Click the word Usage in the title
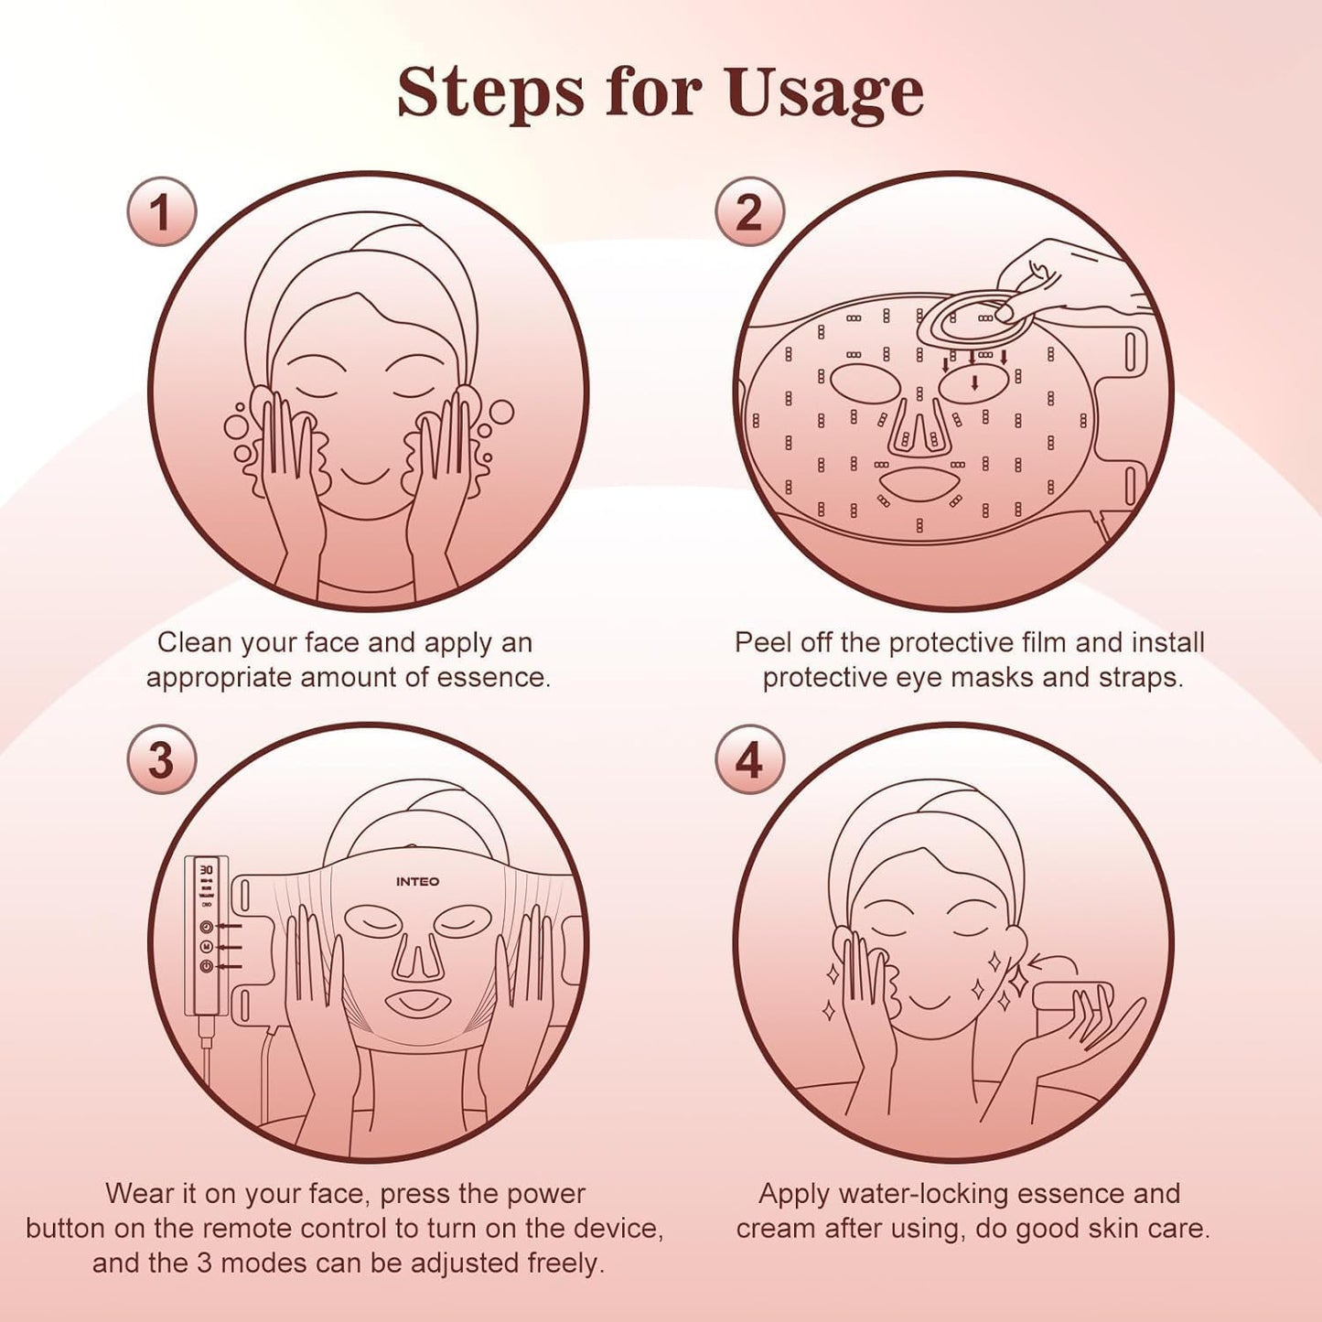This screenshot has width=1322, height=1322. pos(823,93)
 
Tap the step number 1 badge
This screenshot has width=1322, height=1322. pos(161,212)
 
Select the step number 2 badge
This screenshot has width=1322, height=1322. pos(749,212)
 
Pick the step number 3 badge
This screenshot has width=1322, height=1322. pos(161,760)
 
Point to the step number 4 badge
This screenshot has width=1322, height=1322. pos(749,760)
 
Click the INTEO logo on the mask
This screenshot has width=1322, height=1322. pos(417,882)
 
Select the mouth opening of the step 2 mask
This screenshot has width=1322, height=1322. pos(918,482)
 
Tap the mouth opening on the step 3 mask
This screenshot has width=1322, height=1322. pos(419,1005)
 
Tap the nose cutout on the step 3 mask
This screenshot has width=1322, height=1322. pos(417,956)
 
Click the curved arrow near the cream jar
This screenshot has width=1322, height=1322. pos(1052,961)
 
